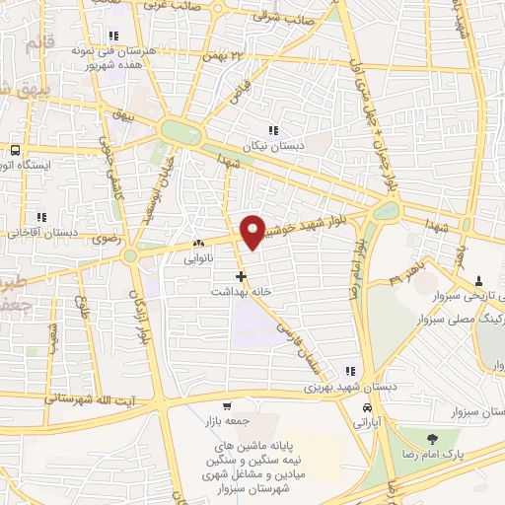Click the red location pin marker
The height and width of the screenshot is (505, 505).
point(254,231)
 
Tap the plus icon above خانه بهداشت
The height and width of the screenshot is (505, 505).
point(242,277)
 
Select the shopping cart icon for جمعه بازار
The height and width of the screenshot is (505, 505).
point(227,406)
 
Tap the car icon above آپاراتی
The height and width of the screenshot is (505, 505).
point(367,407)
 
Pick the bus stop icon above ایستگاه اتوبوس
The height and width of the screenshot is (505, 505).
point(14,151)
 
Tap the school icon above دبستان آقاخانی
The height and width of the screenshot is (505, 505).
point(41,217)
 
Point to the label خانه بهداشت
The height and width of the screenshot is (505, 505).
point(242,292)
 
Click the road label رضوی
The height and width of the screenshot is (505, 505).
point(104,238)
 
